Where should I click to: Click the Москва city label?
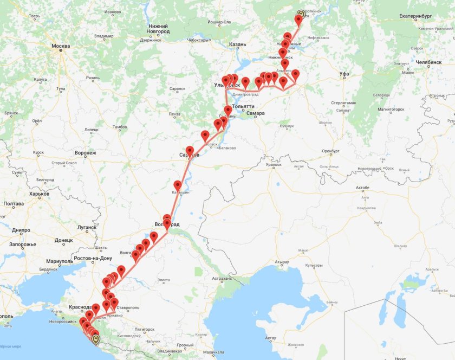61,46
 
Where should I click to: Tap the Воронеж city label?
84,153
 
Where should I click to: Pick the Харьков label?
39,194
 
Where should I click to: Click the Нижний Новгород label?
158,28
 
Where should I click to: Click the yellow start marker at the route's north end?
301,14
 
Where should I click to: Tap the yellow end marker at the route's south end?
96,340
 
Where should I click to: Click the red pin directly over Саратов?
190,151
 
